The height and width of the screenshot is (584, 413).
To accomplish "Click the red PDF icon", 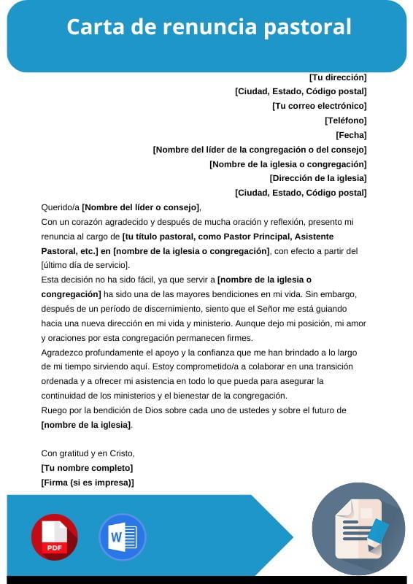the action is pyautogui.click(x=54, y=537).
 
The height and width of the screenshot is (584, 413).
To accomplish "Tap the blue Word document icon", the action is pyautogui.click(x=122, y=537).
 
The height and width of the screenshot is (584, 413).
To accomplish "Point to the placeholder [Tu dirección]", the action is pyautogui.click(x=338, y=77).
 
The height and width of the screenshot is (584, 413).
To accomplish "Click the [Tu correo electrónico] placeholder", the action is pyautogui.click(x=319, y=106).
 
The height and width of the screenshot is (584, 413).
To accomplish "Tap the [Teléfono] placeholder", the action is pyautogui.click(x=345, y=120).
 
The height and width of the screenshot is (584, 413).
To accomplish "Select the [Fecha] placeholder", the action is pyautogui.click(x=351, y=135).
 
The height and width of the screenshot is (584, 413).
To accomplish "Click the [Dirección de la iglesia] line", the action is pyautogui.click(x=318, y=178).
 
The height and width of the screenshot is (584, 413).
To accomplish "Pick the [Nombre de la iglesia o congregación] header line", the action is pyautogui.click(x=287, y=164).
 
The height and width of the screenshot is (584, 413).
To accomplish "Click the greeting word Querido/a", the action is pyautogui.click(x=60, y=207).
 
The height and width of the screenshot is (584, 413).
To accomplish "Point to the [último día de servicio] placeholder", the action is pyautogui.click(x=85, y=264).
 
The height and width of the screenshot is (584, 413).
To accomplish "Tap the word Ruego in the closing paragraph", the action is pyautogui.click(x=54, y=410).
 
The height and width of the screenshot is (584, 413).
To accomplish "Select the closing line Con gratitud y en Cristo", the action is pyautogui.click(x=88, y=453).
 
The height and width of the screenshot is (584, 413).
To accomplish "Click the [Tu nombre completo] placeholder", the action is pyautogui.click(x=87, y=468).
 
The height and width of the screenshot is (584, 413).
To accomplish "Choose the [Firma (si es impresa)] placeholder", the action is pyautogui.click(x=88, y=483).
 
